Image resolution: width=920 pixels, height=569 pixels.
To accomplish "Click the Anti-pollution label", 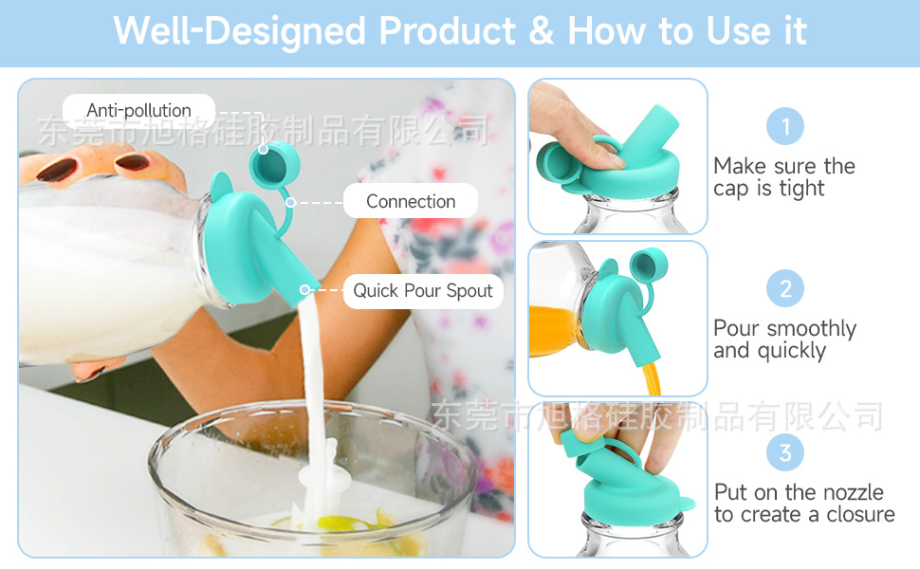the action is [x=139, y=110].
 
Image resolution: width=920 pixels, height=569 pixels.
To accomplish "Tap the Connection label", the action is [x=411, y=201].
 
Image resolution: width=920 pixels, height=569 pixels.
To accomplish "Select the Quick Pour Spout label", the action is [x=423, y=291].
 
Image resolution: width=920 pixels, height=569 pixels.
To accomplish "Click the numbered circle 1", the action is [x=785, y=126].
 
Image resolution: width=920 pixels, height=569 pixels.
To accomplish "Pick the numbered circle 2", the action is [x=785, y=288].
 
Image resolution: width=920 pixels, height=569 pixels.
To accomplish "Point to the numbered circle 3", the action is [x=785, y=452].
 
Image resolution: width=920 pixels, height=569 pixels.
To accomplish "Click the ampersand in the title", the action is [x=541, y=30].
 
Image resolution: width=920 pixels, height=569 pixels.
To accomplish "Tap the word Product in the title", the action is [x=447, y=30].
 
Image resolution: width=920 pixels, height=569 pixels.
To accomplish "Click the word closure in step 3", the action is [x=860, y=514].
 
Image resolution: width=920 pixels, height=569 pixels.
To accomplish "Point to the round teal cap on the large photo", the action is [x=274, y=164].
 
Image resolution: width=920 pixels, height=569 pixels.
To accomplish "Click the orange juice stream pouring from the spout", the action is [x=652, y=377].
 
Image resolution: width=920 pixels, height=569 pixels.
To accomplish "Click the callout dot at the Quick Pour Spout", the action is [x=304, y=290].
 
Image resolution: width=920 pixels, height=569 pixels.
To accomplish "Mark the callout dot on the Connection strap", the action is [x=290, y=202].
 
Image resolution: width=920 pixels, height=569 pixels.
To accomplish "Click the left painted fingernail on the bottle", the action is [x=58, y=170].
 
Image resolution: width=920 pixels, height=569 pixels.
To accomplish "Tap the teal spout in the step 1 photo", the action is [x=650, y=137].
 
